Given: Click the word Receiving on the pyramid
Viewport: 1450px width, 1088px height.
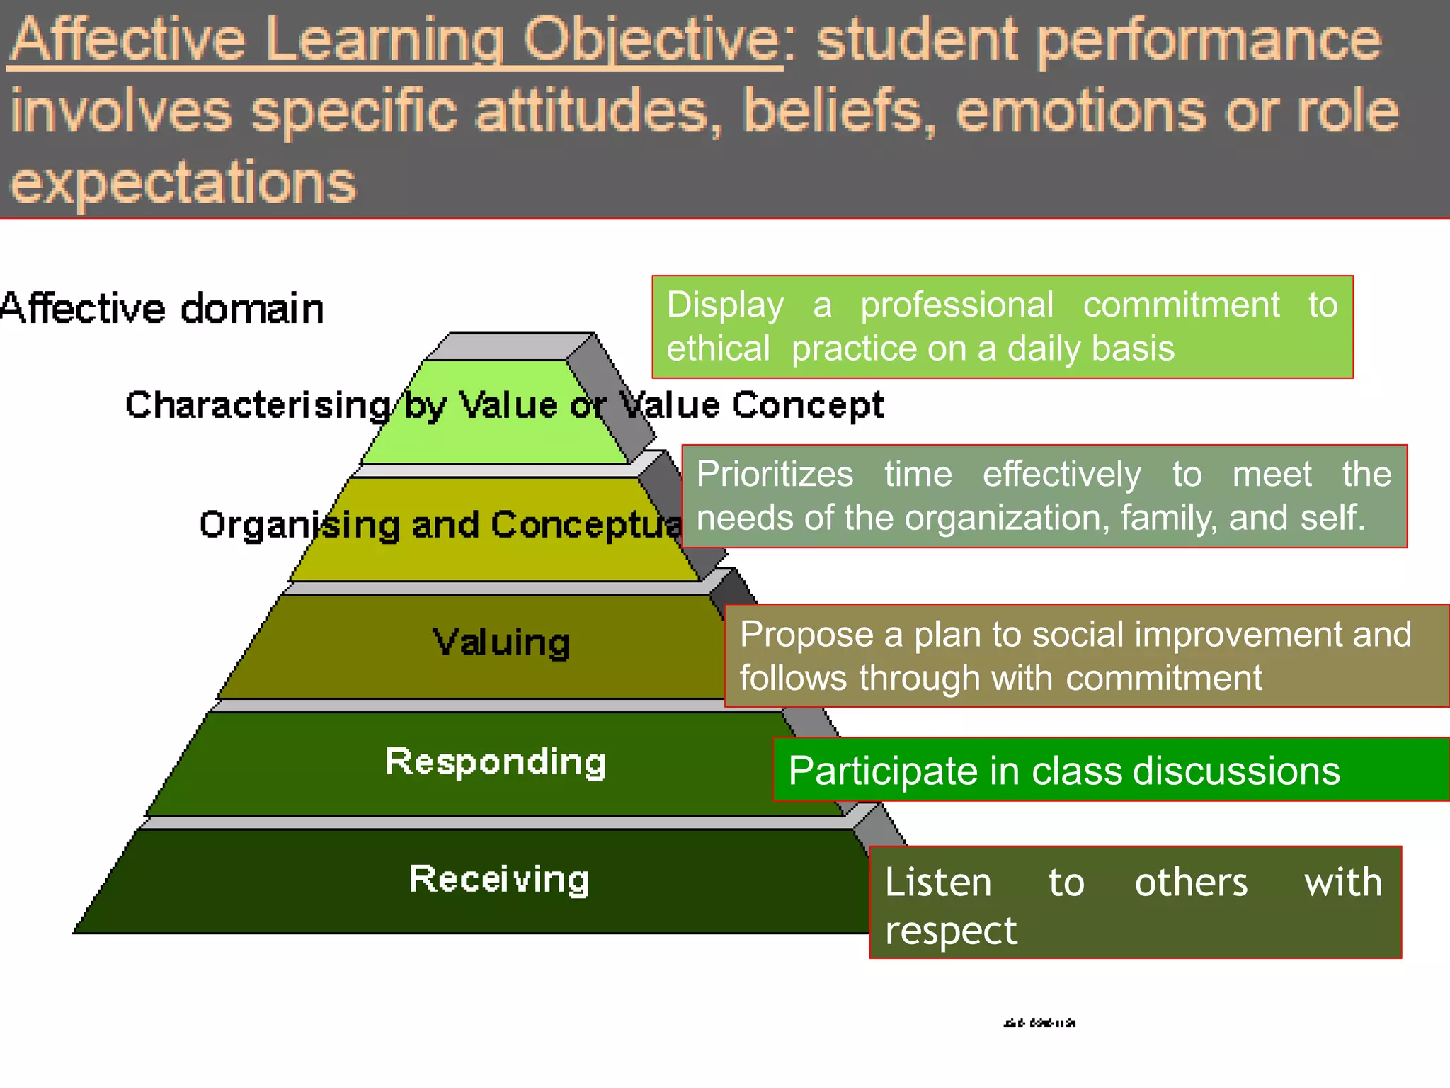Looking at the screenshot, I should (499, 880).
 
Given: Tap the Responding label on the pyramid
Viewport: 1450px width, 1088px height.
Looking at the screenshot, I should (496, 762).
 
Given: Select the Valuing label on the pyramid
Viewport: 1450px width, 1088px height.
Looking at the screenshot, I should (501, 642).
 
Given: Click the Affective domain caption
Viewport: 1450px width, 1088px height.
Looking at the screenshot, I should (161, 309).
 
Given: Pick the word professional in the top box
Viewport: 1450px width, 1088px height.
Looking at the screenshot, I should (957, 305).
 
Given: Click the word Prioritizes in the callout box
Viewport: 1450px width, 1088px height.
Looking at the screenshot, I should (775, 474).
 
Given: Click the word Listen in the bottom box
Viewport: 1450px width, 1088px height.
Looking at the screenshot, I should (938, 883).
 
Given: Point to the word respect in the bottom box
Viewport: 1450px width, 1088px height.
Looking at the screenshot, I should (950, 930).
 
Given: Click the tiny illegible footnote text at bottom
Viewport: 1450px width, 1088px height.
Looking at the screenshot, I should (1039, 1023).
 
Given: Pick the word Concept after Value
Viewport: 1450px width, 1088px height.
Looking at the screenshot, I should (808, 405).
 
